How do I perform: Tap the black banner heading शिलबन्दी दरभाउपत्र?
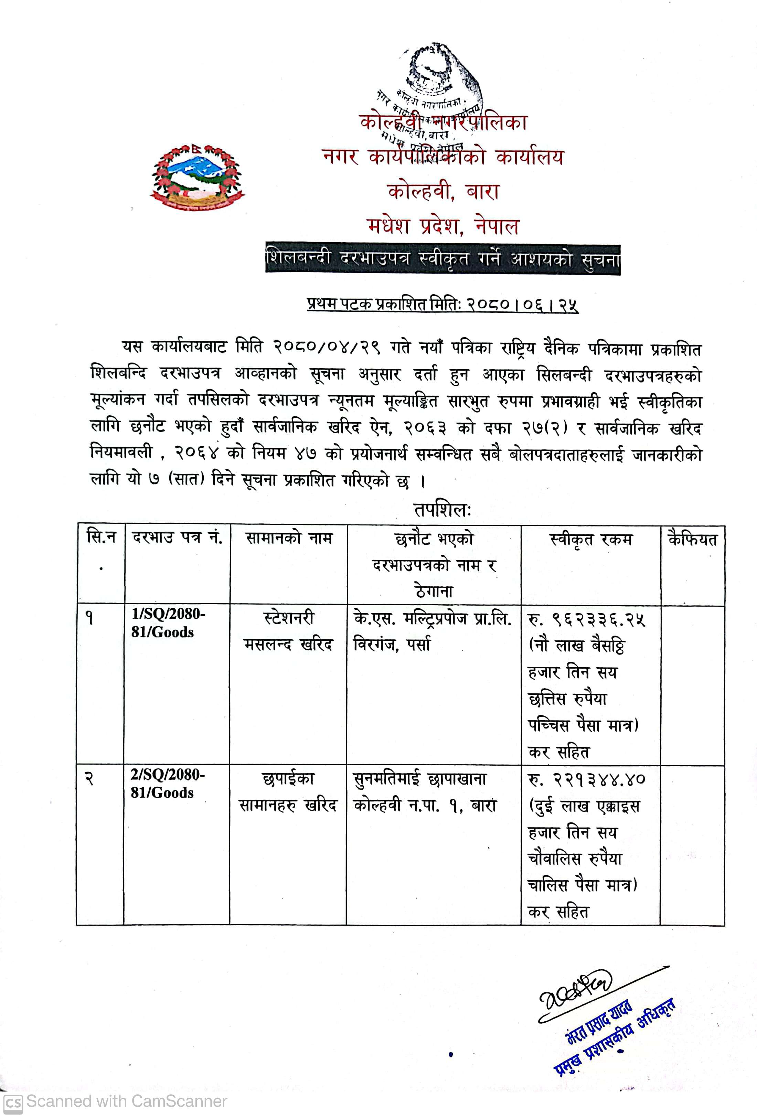coord(443,259)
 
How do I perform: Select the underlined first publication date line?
coord(443,305)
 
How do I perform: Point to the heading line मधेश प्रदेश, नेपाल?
coord(443,225)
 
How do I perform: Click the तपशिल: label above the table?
coord(442,510)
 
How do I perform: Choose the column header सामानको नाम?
coord(289,538)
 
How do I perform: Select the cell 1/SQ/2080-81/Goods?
coord(168,623)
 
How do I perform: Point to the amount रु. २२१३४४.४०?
coord(587,779)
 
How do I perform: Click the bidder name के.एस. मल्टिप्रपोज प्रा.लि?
coord(432,619)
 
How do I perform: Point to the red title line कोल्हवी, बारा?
coord(443,191)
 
